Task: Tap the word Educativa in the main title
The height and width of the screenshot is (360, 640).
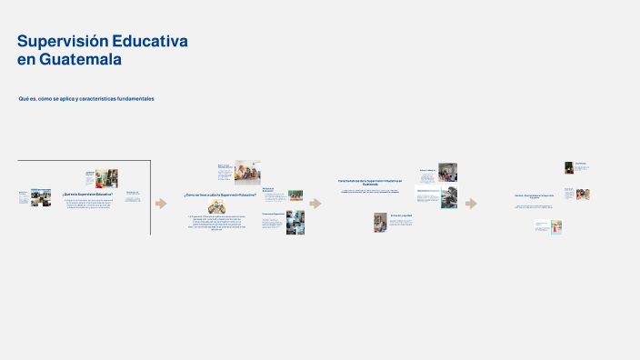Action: point(154,42)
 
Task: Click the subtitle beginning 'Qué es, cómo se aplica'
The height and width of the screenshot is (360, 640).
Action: point(86,98)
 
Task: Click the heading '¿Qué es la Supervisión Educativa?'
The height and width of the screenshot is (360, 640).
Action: point(87,194)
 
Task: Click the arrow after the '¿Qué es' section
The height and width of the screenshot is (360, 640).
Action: point(161,203)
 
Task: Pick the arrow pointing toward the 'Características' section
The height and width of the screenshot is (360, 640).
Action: point(315,203)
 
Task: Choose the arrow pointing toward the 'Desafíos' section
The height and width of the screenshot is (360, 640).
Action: point(471,203)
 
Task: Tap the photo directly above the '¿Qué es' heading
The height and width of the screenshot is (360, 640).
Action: point(106,176)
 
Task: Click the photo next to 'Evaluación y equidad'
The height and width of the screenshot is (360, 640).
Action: point(380,222)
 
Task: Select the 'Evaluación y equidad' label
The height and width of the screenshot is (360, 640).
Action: point(402,215)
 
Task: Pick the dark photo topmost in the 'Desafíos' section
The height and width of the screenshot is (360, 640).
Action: point(568,167)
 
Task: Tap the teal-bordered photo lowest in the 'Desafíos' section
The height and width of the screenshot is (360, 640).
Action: point(555,226)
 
